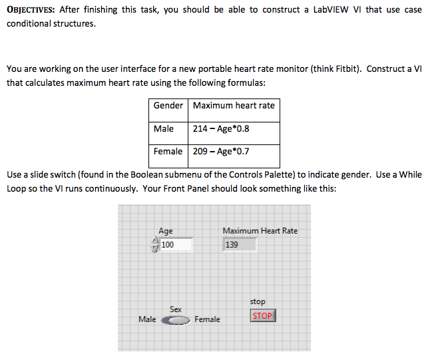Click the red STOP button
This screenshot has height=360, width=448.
(x=262, y=315)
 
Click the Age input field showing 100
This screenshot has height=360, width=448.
(x=176, y=245)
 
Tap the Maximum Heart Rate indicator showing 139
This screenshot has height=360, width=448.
(x=240, y=245)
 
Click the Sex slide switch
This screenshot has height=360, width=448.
(x=176, y=320)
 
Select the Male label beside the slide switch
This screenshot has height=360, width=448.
(x=147, y=319)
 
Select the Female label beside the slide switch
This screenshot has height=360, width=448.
(x=207, y=319)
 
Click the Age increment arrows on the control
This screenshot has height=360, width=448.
(x=155, y=245)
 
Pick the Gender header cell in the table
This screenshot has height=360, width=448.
(x=168, y=106)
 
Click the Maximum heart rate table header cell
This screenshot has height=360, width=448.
(x=234, y=106)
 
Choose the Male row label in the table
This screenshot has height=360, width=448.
(x=164, y=128)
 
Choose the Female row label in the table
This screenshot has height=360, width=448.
(x=168, y=151)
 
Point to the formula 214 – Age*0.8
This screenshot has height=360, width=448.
(x=221, y=128)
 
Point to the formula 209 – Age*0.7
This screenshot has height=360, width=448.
(x=221, y=151)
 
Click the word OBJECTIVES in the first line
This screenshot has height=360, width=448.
(x=31, y=10)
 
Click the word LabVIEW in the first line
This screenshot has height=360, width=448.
(x=328, y=10)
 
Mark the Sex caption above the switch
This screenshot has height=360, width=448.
(x=176, y=309)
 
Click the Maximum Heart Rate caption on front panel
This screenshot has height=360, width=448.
(x=260, y=231)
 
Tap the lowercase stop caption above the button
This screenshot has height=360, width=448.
(x=258, y=301)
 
